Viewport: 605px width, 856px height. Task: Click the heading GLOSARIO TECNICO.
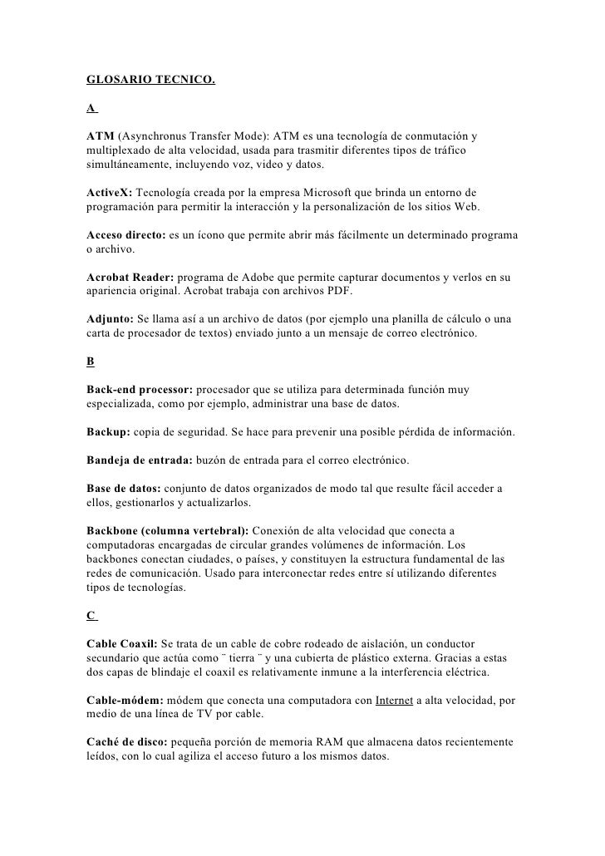(x=150, y=81)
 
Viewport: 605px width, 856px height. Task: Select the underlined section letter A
(x=90, y=108)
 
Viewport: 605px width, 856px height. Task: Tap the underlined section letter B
(x=90, y=362)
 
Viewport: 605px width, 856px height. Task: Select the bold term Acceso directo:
(x=125, y=235)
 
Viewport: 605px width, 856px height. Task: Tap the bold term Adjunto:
(x=110, y=320)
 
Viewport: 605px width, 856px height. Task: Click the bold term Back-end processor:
(x=140, y=390)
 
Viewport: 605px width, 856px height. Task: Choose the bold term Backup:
(x=108, y=433)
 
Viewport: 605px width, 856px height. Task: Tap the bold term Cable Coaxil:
(x=124, y=644)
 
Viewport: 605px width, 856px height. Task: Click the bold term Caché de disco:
(x=125, y=744)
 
